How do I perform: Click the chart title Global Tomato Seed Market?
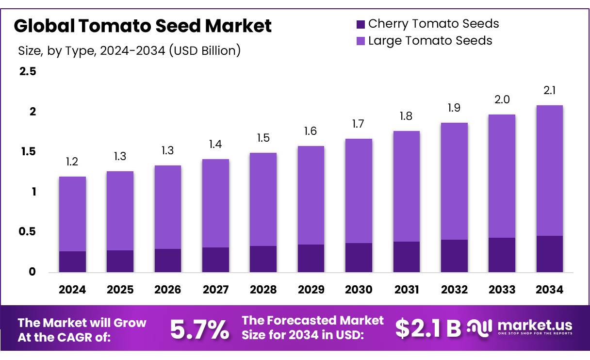coord(143,26)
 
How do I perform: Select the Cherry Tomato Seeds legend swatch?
coord(361,24)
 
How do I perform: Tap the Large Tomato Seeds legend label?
coord(430,41)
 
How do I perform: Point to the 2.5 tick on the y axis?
coord(27,72)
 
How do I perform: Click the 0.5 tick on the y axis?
coord(27,232)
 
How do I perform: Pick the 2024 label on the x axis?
coord(72,290)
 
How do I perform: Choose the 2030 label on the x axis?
coord(359,290)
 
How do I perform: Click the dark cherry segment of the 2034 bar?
coord(550,254)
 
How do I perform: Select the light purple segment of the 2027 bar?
coord(215,203)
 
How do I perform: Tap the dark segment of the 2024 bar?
coord(72,262)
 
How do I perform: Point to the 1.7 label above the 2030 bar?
coord(359,125)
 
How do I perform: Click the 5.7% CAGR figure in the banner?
coord(199,329)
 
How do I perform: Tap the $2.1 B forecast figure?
coord(427,329)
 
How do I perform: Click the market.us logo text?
coord(535,325)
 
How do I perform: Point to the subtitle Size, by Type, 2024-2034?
coord(129,50)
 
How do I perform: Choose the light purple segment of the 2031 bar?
coord(406,186)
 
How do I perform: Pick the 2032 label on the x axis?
coord(454,290)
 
